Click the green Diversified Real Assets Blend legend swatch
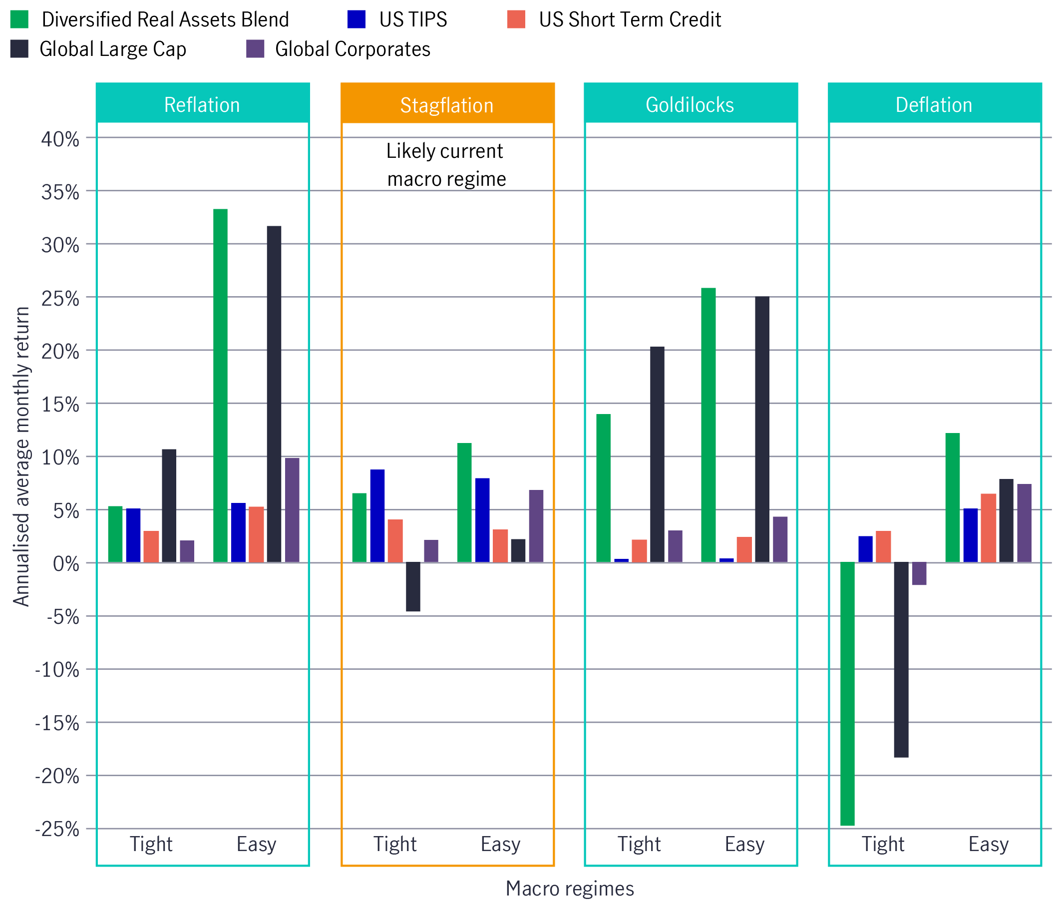click(x=19, y=19)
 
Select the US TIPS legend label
click(x=412, y=19)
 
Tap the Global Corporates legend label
click(x=352, y=49)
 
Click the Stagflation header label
click(x=446, y=105)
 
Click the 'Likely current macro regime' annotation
click(x=445, y=165)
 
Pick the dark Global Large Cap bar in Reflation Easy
click(x=274, y=394)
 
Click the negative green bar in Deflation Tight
click(x=847, y=694)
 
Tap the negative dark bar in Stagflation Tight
click(x=412, y=587)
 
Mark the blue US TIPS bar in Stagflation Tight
click(x=377, y=515)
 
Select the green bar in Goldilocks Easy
click(x=708, y=425)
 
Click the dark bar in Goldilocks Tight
click(x=657, y=454)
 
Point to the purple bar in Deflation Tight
click(x=919, y=573)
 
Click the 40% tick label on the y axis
click(x=60, y=139)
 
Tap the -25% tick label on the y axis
click(x=57, y=829)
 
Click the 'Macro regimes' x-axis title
click(x=569, y=888)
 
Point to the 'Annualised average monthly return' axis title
click(x=21, y=456)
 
